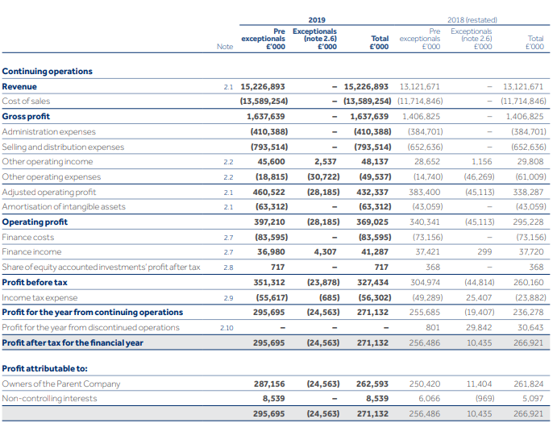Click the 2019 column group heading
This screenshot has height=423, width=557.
click(317, 20)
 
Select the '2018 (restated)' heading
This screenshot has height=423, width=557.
click(472, 20)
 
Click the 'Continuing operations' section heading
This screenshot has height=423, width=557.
click(48, 71)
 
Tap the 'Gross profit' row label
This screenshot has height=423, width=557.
click(26, 116)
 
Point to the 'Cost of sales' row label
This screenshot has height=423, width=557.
click(26, 101)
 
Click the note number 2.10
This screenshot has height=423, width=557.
click(227, 328)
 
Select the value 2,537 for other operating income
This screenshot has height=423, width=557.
click(326, 162)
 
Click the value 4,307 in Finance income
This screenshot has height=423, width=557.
click(325, 252)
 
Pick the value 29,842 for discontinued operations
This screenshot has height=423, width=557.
click(479, 327)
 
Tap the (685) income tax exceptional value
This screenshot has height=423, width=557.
click(329, 297)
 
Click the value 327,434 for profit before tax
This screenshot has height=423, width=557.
click(372, 282)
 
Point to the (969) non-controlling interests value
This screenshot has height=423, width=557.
click(485, 399)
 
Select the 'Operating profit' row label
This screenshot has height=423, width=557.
click(35, 222)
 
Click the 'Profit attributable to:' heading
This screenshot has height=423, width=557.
click(45, 368)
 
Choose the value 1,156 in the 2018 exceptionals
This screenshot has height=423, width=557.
click(482, 162)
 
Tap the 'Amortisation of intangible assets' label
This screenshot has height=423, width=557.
click(64, 207)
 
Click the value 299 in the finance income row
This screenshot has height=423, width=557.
click(484, 252)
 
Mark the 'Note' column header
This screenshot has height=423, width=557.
click(225, 47)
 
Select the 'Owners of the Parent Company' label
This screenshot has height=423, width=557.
click(61, 384)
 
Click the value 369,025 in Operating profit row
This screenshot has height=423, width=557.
click(372, 222)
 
